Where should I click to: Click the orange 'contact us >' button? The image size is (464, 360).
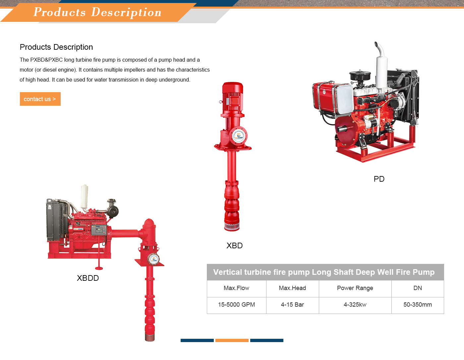point(40,99)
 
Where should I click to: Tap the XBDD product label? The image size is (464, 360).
point(88,278)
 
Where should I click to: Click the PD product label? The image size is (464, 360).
point(379,179)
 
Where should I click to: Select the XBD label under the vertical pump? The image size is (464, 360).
point(234,246)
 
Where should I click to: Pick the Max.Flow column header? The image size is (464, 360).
point(236,288)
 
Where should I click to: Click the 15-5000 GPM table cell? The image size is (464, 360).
point(236,305)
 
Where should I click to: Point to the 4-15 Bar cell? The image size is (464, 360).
point(292,305)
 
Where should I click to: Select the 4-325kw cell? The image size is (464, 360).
point(355,305)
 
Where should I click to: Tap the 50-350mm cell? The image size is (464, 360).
point(418,305)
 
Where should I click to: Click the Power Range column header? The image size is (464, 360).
point(355,288)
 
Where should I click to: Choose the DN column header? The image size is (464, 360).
point(418,288)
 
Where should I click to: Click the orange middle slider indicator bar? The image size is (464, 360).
point(232,340)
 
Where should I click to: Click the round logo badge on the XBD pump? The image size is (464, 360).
point(239,136)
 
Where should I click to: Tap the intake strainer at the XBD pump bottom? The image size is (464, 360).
point(232,227)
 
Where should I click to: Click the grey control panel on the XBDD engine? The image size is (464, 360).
point(99,230)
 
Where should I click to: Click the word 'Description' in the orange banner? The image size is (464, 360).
point(126,12)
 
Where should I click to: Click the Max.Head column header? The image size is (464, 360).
point(292,288)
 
